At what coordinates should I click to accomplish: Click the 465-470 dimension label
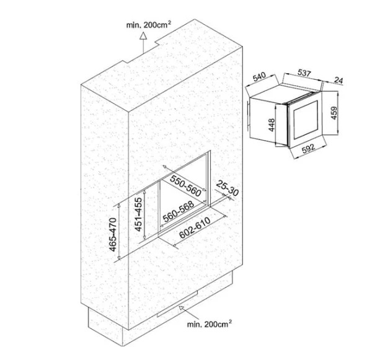[113, 235]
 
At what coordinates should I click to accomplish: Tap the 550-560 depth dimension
[185, 187]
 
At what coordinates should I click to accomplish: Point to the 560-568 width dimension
[179, 212]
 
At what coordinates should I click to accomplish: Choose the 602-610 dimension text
[195, 227]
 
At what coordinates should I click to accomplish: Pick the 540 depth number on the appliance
[259, 77]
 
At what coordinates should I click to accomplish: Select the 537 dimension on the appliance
[304, 73]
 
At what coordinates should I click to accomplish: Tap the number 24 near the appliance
[339, 80]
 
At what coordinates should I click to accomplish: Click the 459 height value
[334, 113]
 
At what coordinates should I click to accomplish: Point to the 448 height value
[272, 125]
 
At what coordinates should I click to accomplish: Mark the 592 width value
[308, 149]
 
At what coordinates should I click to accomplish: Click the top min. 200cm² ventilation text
[149, 25]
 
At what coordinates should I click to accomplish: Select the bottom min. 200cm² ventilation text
[210, 324]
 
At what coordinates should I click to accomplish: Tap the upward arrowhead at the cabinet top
[143, 36]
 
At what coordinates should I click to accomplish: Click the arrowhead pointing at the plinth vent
[182, 309]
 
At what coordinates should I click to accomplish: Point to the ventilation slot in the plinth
[177, 304]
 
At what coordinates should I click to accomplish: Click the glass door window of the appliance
[306, 120]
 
